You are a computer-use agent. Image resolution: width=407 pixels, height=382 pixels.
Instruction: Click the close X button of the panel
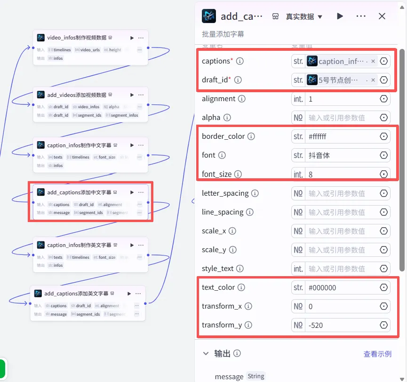382,16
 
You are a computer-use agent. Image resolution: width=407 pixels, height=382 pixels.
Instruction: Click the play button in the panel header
340,16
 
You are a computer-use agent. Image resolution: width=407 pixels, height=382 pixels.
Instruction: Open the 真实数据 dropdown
304,16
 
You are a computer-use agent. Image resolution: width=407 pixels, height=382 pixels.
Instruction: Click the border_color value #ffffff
341,136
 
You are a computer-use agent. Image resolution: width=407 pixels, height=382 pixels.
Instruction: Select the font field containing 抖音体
341,155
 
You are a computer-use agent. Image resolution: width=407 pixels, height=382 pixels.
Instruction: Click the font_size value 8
341,175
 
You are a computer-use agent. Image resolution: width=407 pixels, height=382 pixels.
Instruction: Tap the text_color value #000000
341,287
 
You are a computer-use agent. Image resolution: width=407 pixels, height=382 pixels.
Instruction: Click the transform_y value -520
341,325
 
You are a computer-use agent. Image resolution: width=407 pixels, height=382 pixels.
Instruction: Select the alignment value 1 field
341,99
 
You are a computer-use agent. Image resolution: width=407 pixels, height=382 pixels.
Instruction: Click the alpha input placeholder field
341,118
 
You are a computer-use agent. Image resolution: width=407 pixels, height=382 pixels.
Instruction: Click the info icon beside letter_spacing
255,193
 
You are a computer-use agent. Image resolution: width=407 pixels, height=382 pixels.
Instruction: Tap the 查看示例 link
377,354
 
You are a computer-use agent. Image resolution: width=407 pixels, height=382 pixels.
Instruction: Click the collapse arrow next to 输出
206,353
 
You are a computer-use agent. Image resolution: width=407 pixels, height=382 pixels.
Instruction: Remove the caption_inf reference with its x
373,61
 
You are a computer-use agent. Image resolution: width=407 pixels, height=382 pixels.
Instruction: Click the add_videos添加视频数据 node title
77,95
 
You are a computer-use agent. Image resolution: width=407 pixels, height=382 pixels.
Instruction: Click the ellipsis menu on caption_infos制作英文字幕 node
141,245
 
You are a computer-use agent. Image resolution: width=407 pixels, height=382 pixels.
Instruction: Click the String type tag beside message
256,376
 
